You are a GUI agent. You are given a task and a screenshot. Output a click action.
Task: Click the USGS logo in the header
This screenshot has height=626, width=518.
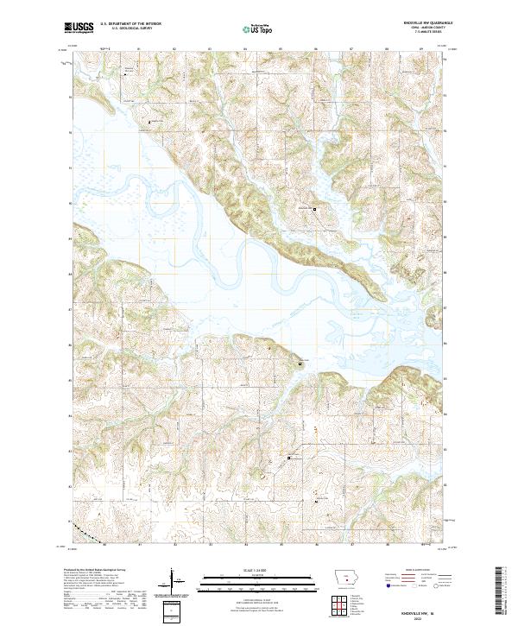pyautogui.click(x=79, y=28)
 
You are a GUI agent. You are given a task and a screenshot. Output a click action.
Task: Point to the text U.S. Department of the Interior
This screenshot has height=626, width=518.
pyautogui.click(x=131, y=23)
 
